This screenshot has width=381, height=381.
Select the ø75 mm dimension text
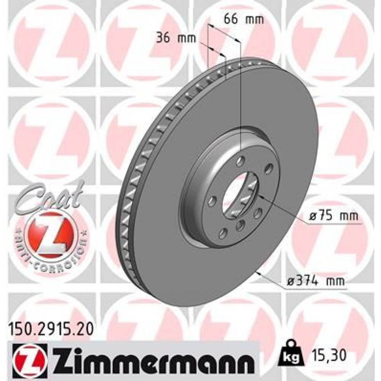pyautogui.click(x=334, y=216)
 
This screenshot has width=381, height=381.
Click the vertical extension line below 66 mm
pyautogui.click(x=241, y=95)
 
